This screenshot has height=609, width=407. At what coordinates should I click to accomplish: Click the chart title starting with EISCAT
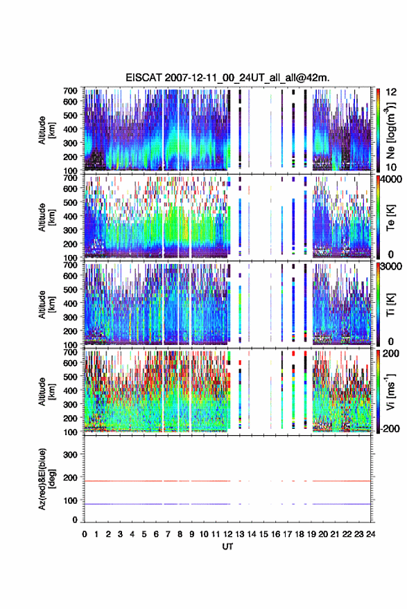point(227,78)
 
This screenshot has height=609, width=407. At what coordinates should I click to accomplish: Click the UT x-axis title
point(227,547)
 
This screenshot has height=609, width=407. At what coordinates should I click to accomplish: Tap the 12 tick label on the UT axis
point(227,534)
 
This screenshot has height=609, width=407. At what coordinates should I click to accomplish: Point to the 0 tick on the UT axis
point(85,534)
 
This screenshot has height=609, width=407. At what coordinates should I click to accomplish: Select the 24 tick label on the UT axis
point(370,534)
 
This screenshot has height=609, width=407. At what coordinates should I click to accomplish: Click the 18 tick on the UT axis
point(300,534)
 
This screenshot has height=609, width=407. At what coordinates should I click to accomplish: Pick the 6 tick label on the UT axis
point(156,534)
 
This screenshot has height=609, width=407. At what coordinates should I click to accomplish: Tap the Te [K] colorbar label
point(390,218)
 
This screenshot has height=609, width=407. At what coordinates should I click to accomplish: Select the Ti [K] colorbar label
point(390,305)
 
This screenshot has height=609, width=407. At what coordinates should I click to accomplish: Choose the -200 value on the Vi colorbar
point(389,429)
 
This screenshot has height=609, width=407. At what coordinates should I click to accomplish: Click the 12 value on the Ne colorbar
point(391,92)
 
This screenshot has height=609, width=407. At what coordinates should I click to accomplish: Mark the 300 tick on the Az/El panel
point(70,454)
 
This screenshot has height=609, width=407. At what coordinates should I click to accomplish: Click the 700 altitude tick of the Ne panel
point(70,91)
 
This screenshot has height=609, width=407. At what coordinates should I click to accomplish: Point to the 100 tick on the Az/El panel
point(70,501)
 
